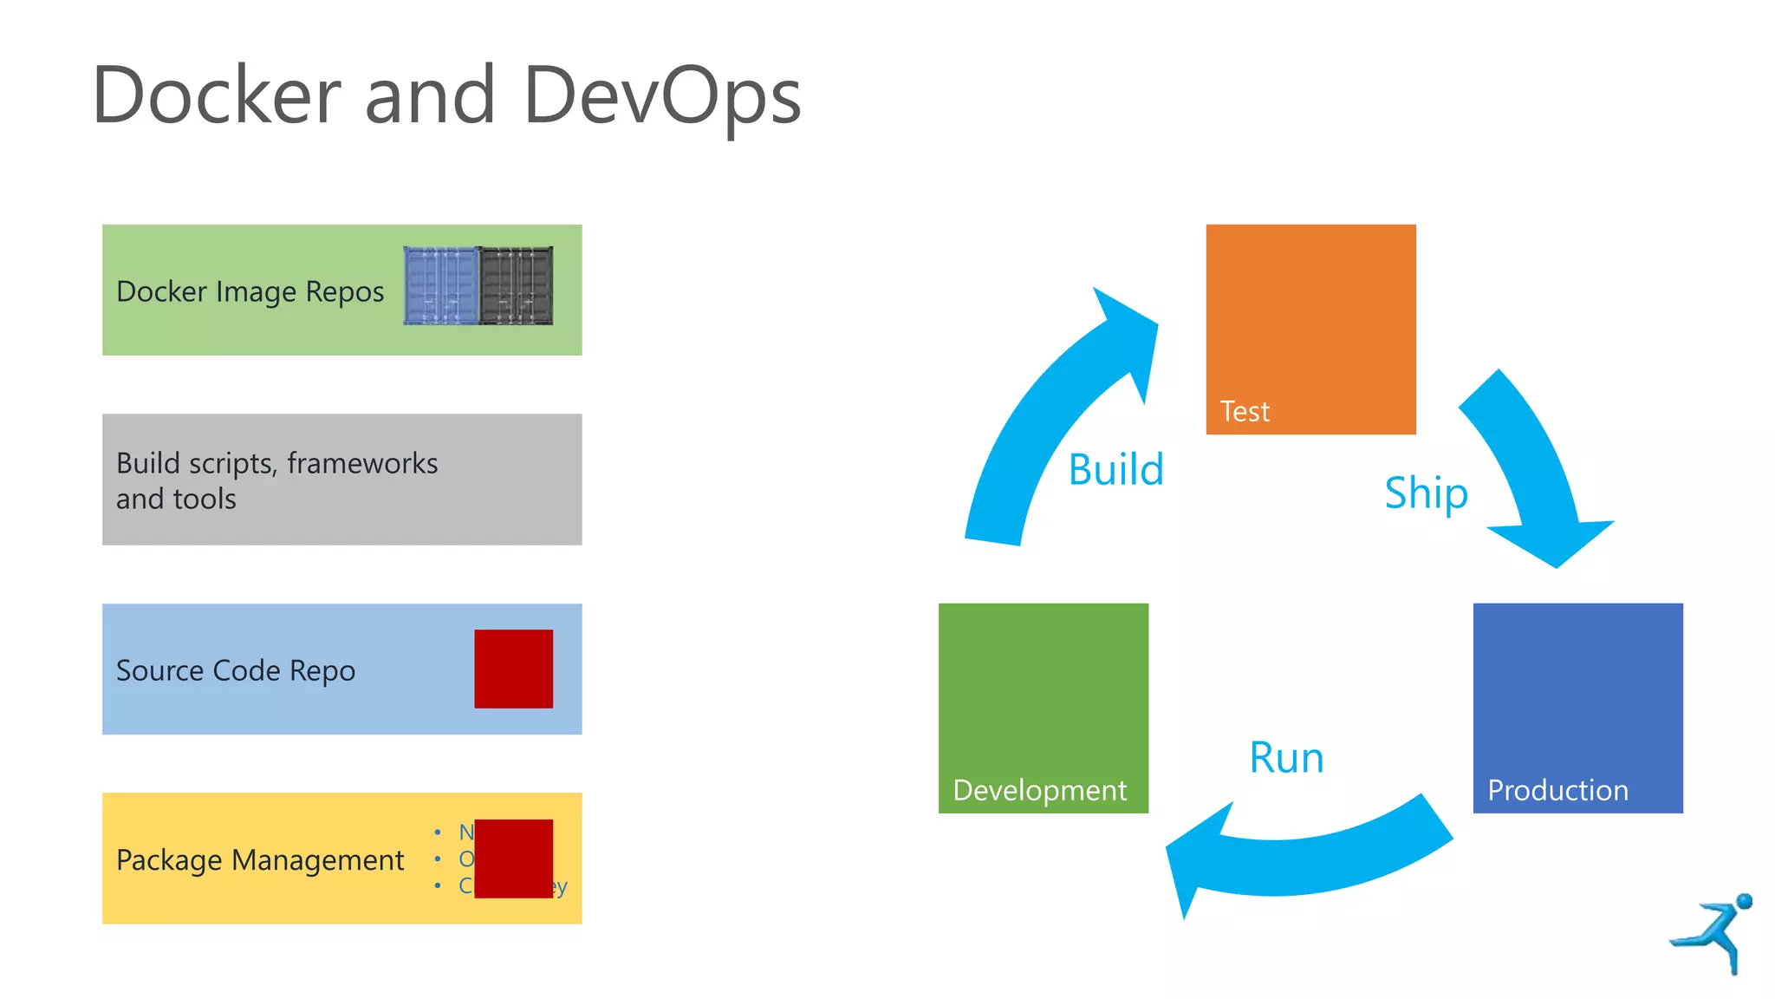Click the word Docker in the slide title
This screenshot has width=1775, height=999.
pyautogui.click(x=217, y=95)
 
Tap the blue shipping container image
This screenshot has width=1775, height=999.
pyautogui.click(x=440, y=286)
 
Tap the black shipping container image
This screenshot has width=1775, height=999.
pyautogui.click(x=516, y=286)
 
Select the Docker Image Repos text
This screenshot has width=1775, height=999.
pyautogui.click(x=250, y=291)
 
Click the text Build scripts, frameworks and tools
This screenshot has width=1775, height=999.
pyautogui.click(x=276, y=480)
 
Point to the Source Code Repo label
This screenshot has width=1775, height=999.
pyautogui.click(x=235, y=670)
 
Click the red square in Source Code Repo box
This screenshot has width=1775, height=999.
pyautogui.click(x=513, y=669)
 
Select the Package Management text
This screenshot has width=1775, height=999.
pyautogui.click(x=260, y=859)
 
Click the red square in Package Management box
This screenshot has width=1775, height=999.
pyautogui.click(x=513, y=859)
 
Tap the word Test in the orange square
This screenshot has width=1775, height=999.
pyautogui.click(x=1244, y=411)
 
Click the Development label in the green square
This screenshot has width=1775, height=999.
pyautogui.click(x=1039, y=790)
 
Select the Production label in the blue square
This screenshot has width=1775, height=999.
pyautogui.click(x=1557, y=790)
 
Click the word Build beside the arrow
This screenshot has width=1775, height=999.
pyautogui.click(x=1115, y=469)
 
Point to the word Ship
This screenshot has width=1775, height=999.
pyautogui.click(x=1426, y=493)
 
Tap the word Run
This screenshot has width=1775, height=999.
pyautogui.click(x=1286, y=757)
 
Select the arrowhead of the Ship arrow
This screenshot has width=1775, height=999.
pyautogui.click(x=1551, y=542)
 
